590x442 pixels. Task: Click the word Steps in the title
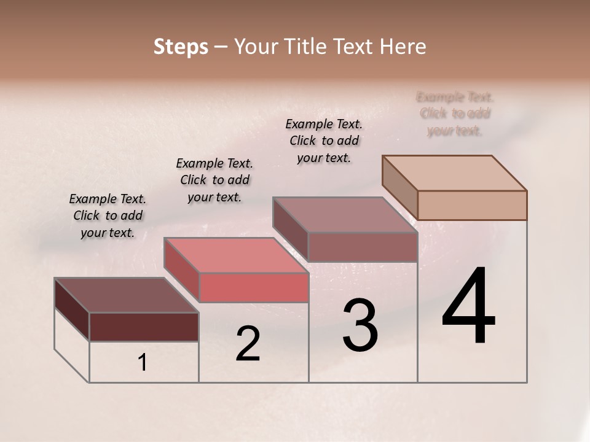[181, 47]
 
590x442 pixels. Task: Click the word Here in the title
[403, 47]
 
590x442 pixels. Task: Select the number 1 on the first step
[143, 363]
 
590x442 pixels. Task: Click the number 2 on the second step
[248, 344]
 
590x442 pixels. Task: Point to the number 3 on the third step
[360, 325]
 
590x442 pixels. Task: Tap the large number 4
[468, 307]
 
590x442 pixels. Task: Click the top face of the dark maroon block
[127, 295]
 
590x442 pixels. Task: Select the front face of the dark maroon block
[144, 327]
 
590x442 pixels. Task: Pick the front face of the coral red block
[253, 287]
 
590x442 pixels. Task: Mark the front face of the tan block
[472, 205]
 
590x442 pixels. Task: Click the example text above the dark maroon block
[108, 215]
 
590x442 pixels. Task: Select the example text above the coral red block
[214, 180]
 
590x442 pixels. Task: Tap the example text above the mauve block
[324, 141]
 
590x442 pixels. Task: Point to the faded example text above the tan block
[455, 114]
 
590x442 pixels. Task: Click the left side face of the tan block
[400, 187]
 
